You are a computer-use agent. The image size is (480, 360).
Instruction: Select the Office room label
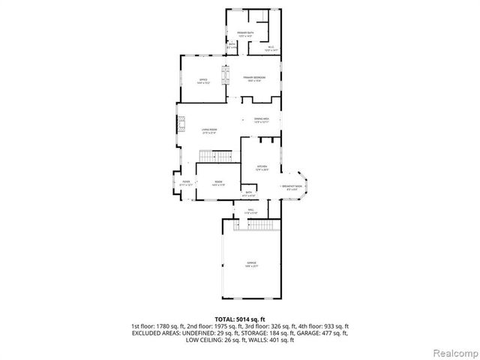202,81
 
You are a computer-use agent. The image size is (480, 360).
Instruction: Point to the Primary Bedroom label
256,79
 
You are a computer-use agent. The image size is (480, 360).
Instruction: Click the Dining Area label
261,121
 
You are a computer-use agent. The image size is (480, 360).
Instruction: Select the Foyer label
185,182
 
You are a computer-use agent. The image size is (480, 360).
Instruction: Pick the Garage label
251,263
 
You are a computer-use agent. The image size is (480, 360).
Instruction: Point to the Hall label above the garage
250,211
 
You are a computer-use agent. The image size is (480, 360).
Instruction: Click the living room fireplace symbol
181,127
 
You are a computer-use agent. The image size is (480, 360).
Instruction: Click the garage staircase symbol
257,224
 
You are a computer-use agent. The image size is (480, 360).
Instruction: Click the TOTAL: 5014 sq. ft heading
239,318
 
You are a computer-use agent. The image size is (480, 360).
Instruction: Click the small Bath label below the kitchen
249,193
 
